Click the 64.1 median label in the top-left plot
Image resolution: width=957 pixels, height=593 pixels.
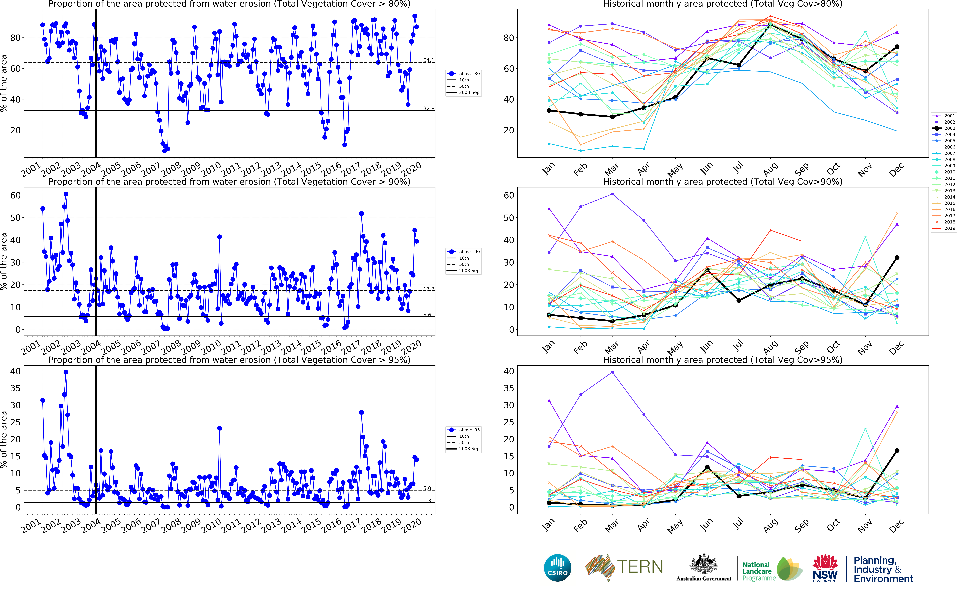click(428, 60)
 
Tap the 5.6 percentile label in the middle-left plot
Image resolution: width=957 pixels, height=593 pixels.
click(427, 315)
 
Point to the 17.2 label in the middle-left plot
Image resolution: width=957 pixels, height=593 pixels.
click(428, 289)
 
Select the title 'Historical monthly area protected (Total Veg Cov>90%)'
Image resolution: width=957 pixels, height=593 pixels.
click(723, 182)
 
